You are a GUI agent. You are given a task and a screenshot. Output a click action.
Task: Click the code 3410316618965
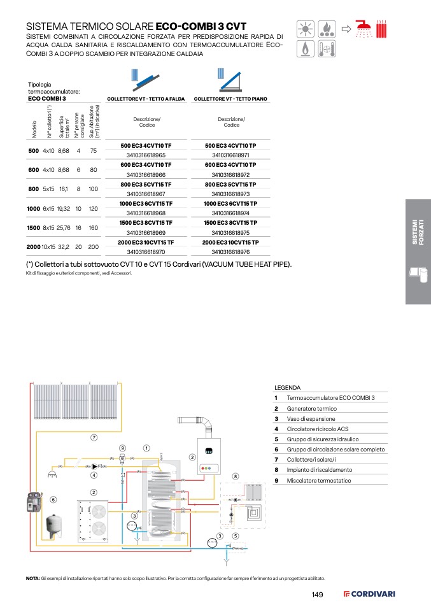(146, 155)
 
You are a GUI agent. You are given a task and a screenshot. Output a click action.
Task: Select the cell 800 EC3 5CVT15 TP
(230, 185)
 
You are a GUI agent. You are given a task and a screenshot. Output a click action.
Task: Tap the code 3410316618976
(230, 252)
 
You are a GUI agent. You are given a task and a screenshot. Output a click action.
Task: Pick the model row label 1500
(34, 228)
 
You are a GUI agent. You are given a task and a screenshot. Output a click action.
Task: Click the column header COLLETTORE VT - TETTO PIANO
(230, 99)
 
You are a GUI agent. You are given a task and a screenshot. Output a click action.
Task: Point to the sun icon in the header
(306, 29)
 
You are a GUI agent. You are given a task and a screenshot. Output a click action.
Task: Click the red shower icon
(364, 29)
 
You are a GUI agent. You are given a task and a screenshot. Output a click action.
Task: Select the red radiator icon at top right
(381, 29)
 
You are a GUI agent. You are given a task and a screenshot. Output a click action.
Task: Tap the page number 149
(318, 595)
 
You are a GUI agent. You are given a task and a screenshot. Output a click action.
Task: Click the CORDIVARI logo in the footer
(369, 594)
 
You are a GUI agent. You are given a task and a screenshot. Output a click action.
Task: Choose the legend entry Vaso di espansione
(311, 419)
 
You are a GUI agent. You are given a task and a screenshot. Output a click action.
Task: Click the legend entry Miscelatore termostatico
(319, 481)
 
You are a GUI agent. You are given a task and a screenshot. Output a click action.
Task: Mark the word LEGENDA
(288, 388)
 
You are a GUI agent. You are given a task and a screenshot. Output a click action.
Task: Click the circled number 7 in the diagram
(94, 437)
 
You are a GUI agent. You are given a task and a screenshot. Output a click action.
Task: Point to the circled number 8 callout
(235, 476)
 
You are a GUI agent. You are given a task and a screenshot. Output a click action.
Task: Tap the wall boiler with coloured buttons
(209, 457)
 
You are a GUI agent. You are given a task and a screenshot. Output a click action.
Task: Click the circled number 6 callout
(53, 499)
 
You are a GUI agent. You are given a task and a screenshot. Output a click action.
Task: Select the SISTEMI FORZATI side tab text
(418, 232)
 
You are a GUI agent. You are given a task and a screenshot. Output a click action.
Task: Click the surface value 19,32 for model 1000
(64, 209)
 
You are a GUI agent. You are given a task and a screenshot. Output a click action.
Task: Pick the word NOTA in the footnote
(32, 579)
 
